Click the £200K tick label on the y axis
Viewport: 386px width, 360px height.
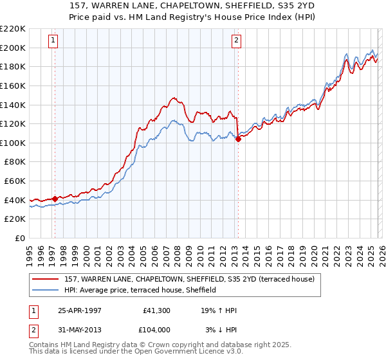(x=13, y=48)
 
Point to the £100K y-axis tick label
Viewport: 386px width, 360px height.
(x=13, y=143)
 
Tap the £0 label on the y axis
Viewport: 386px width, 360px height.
(x=19, y=238)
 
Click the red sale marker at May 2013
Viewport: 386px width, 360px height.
(x=238, y=138)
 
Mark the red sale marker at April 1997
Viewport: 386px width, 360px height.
(x=55, y=199)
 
